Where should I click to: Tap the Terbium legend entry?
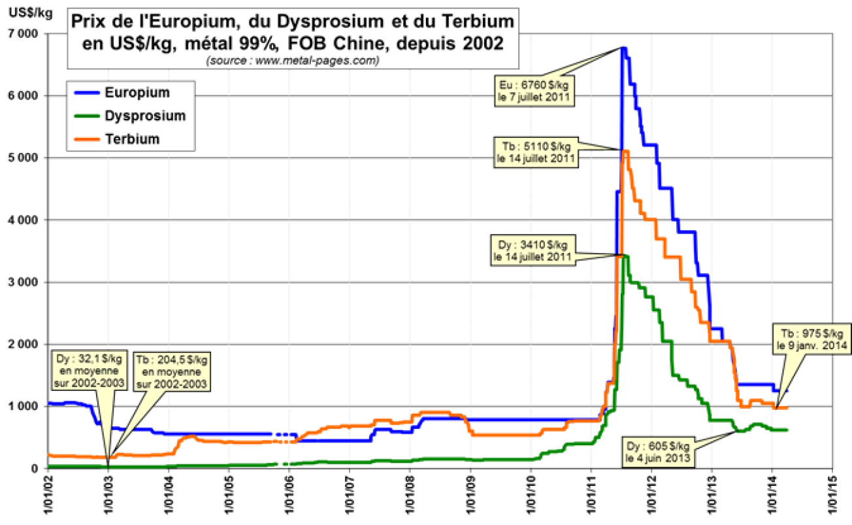(x=132, y=139)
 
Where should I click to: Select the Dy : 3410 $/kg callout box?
(x=532, y=250)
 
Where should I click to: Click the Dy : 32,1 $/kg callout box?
(x=88, y=370)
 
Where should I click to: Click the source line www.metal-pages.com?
(x=292, y=61)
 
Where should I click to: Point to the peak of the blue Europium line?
(x=623, y=48)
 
